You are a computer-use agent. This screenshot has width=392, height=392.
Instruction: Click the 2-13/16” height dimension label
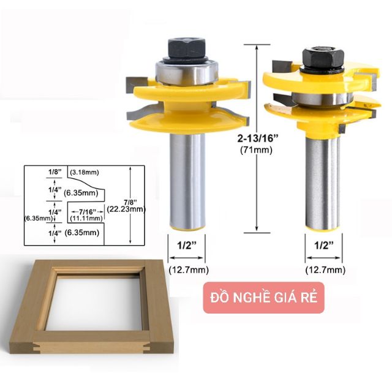[257, 138]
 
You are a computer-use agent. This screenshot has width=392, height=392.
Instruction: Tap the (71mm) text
[256, 150]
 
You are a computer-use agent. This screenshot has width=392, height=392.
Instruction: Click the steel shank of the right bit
[323, 183]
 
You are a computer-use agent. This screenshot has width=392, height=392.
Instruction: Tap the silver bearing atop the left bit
[187, 72]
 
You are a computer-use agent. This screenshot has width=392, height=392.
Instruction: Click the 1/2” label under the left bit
[187, 246]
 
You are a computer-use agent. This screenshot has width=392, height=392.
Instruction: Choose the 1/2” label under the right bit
[324, 246]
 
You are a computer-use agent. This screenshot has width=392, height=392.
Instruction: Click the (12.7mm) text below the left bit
[189, 270]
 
